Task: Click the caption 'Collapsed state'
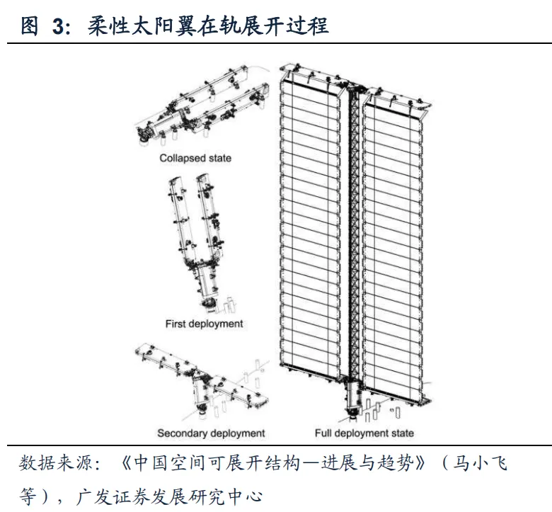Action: (x=195, y=158)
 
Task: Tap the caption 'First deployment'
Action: (x=204, y=324)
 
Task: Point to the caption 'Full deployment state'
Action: (x=364, y=433)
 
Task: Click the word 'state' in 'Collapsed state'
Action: (x=218, y=158)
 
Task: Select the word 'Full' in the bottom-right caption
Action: (x=323, y=433)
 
